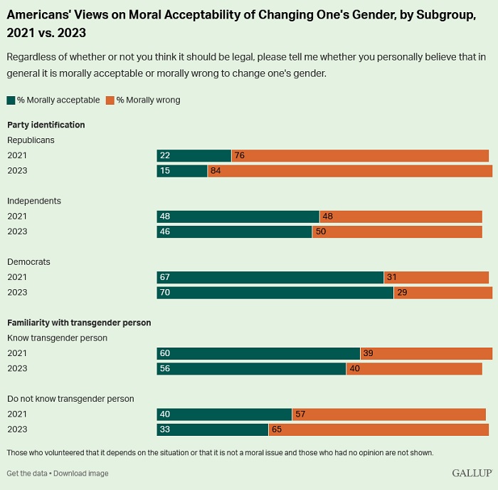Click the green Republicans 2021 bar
pyautogui.click(x=194, y=156)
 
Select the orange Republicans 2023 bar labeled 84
pyautogui.click(x=349, y=171)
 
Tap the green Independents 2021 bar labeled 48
pyautogui.click(x=238, y=217)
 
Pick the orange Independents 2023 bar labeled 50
pyautogui.click(x=397, y=231)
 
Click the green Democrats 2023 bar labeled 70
pyautogui.click(x=275, y=292)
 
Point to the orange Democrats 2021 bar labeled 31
pyautogui.click(x=436, y=277)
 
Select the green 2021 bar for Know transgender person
pyautogui.click(x=258, y=353)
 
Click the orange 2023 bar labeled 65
pyautogui.click(x=378, y=429)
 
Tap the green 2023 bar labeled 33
pyautogui.click(x=212, y=429)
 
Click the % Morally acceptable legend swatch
pyautogui.click(x=11, y=100)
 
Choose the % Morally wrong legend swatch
pyautogui.click(x=110, y=100)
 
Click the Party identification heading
pyautogui.click(x=46, y=125)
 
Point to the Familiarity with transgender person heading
pyautogui.click(x=79, y=323)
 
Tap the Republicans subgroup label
pyautogui.click(x=31, y=140)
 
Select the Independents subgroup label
pyautogui.click(x=34, y=201)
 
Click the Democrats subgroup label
pyautogui.click(x=28, y=262)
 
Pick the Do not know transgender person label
pyautogui.click(x=70, y=399)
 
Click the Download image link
pyautogui.click(x=81, y=474)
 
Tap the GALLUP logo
pyautogui.click(x=471, y=473)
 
